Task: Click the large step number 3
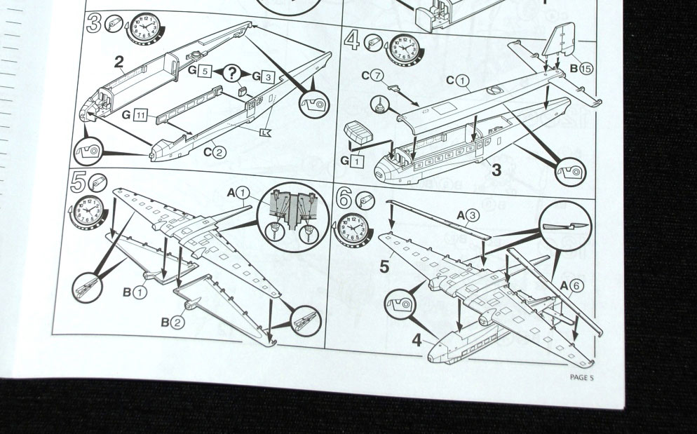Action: (94, 23)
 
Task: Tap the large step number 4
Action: (351, 41)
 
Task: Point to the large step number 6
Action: (344, 198)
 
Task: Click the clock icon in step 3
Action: (145, 29)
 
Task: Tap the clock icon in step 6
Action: (353, 231)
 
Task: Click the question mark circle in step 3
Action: (231, 73)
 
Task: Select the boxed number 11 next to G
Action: (140, 116)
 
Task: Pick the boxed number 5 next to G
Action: (204, 70)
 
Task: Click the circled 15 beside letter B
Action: (586, 69)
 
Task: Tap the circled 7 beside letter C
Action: (377, 76)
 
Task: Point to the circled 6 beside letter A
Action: (576, 286)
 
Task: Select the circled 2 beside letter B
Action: (177, 323)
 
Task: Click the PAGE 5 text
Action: (581, 377)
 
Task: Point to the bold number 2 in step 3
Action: (119, 62)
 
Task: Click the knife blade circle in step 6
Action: (565, 226)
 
